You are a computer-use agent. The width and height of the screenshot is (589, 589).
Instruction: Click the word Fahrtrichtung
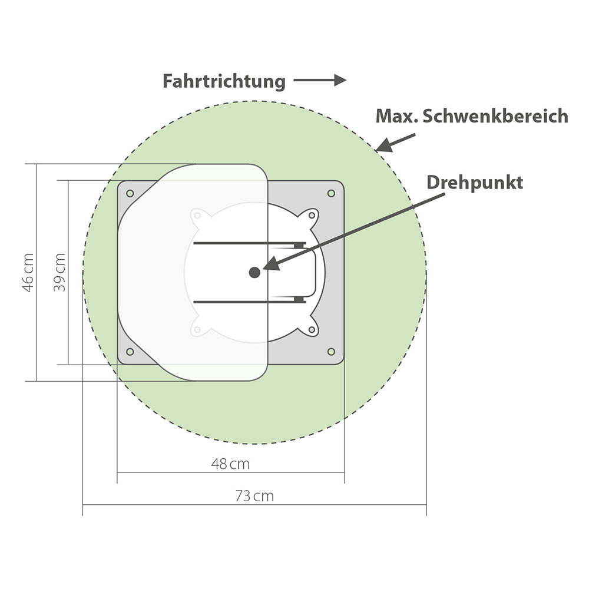[224, 81]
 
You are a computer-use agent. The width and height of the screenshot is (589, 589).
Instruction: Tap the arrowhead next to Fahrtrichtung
[340, 80]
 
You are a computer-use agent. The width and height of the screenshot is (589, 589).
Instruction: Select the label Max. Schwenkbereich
[472, 116]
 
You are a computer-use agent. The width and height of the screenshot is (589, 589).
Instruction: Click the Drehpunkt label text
[475, 183]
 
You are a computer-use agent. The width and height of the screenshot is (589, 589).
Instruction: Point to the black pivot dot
[254, 272]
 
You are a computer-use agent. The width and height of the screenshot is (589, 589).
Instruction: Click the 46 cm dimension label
[28, 273]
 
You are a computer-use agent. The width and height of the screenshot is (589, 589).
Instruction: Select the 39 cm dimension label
[59, 273]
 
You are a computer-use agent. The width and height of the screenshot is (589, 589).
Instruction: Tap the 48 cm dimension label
[231, 464]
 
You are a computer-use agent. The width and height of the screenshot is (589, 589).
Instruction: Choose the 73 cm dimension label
[254, 496]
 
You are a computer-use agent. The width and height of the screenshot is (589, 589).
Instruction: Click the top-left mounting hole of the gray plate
[130, 193]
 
